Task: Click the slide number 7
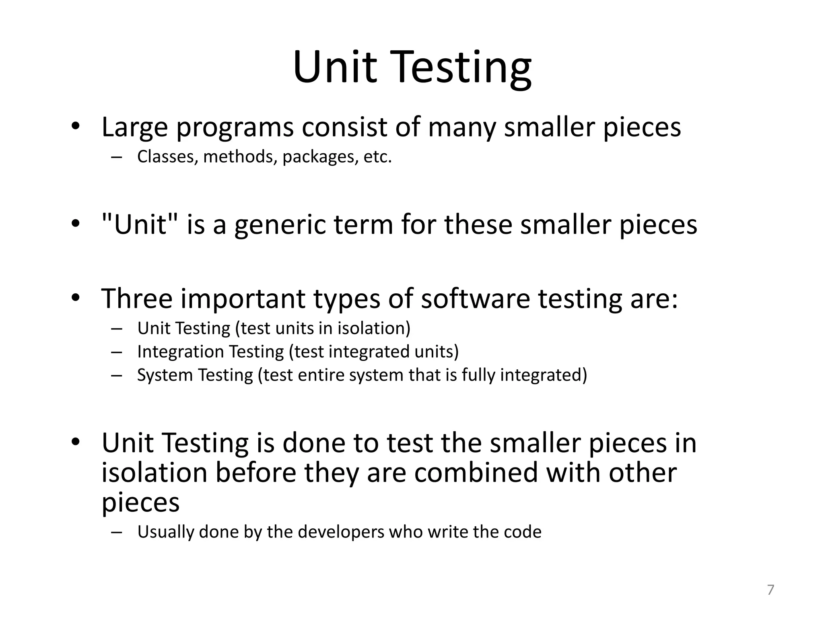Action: [x=770, y=590]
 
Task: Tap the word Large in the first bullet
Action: [x=134, y=127]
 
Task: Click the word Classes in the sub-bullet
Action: [x=166, y=157]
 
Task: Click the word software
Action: [x=475, y=298]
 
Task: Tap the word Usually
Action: [x=165, y=532]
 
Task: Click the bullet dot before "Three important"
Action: [x=75, y=298]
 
